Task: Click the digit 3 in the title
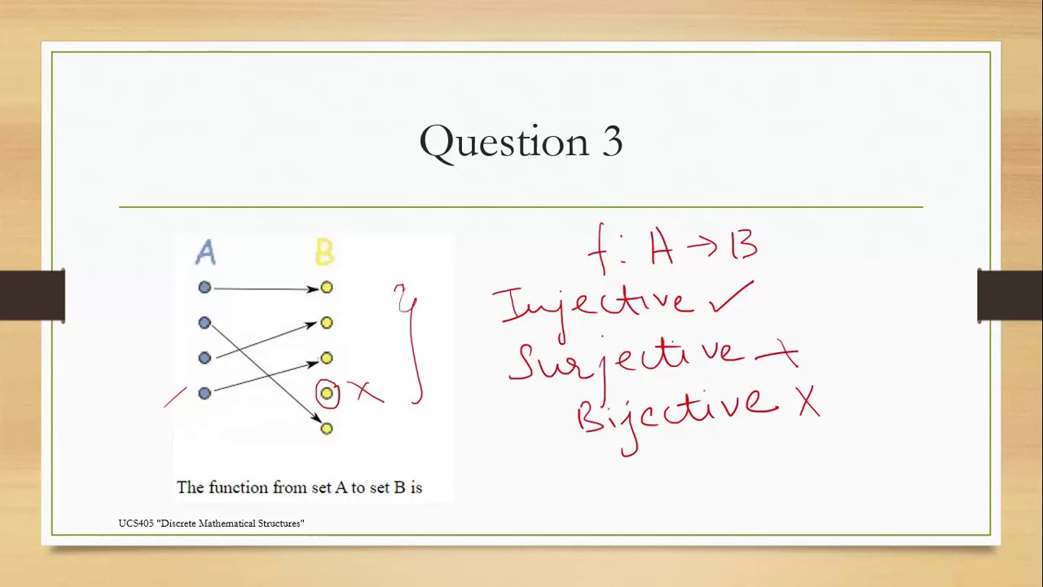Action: (x=613, y=142)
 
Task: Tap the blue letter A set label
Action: (x=205, y=253)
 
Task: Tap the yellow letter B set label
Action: (x=324, y=253)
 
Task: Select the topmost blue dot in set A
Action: (x=205, y=287)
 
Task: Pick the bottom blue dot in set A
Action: (x=205, y=393)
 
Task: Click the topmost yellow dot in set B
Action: (x=327, y=287)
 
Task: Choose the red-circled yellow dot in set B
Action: (x=327, y=394)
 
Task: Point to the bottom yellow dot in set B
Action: (x=327, y=428)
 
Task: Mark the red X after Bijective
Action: (x=808, y=403)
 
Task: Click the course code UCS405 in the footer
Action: (x=135, y=523)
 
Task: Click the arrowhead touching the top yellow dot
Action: (x=314, y=288)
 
